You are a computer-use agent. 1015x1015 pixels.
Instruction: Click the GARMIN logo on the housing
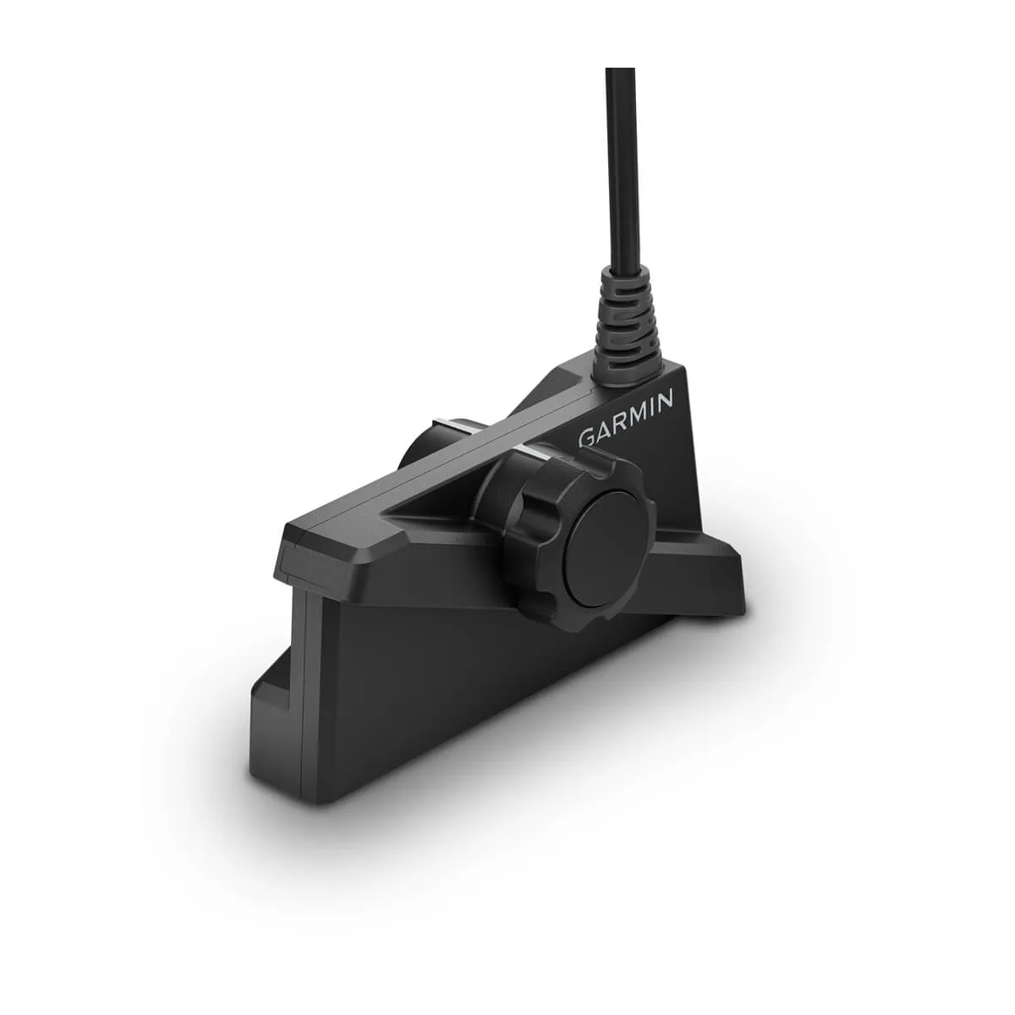(626, 420)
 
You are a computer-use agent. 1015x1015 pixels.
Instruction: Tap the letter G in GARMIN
(586, 439)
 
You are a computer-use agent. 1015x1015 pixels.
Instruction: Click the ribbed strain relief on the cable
(624, 317)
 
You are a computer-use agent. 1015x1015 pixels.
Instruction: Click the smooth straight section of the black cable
(622, 169)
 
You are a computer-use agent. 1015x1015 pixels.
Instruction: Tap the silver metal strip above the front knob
(537, 449)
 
